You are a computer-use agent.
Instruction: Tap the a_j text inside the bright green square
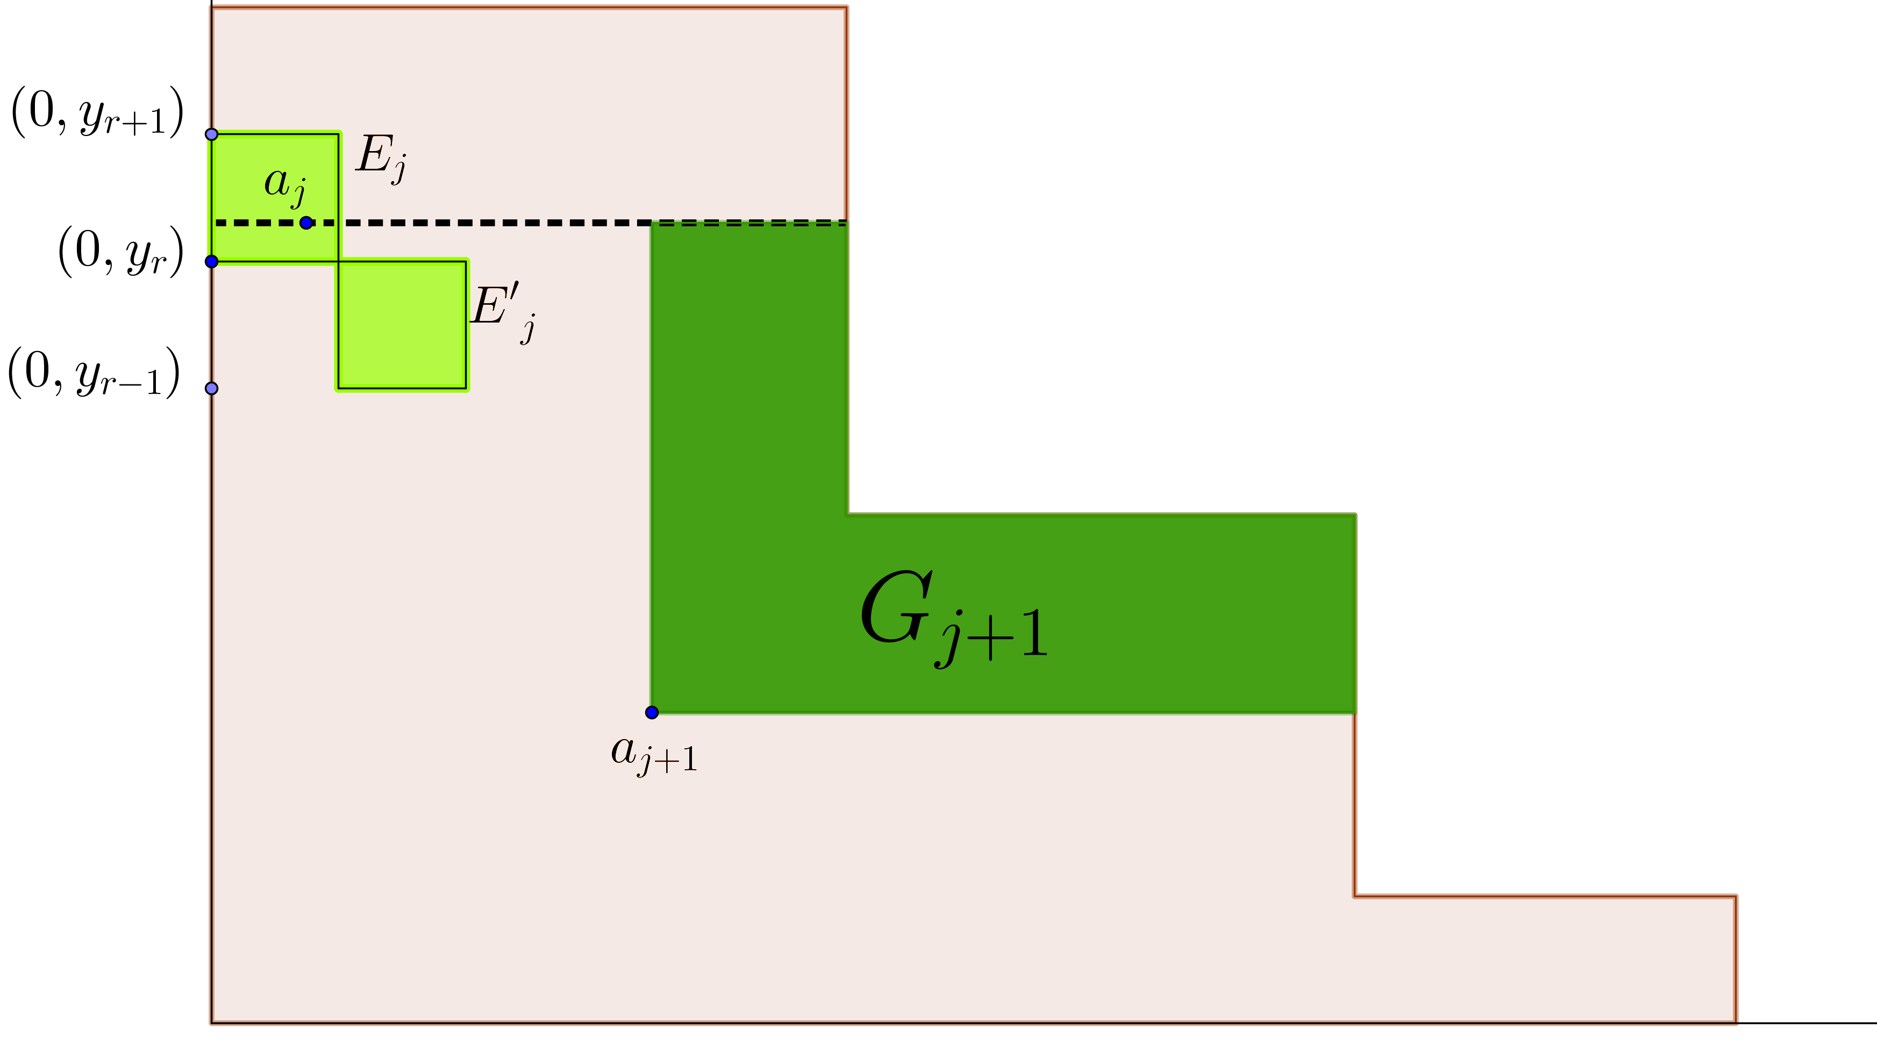284,184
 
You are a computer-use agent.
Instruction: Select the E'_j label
503,311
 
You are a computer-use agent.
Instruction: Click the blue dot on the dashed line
306,222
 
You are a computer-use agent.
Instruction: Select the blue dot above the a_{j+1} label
652,712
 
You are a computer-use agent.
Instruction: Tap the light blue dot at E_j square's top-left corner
212,134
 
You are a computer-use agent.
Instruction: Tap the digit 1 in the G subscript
1034,633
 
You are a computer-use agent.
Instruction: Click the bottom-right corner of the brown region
1738,1023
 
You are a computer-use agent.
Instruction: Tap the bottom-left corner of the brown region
211,1023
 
